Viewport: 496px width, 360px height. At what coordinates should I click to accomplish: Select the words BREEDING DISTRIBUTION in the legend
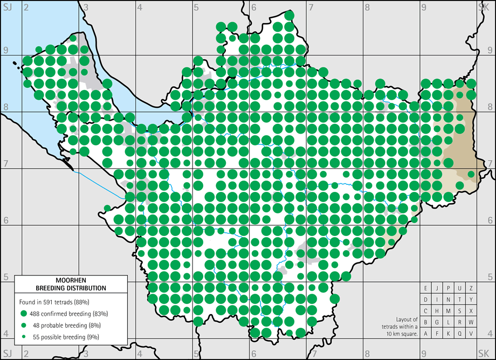click(x=71, y=288)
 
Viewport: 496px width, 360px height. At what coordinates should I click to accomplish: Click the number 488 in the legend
click(x=38, y=313)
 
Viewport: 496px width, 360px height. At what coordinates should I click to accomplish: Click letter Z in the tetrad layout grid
click(x=471, y=288)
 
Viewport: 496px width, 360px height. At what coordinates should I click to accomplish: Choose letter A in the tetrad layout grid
click(x=426, y=334)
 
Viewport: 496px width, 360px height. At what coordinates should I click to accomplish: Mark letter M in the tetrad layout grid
click(x=449, y=311)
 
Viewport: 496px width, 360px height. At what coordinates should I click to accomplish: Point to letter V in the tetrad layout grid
click(x=471, y=334)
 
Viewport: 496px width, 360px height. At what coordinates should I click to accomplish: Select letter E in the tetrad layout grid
click(x=426, y=288)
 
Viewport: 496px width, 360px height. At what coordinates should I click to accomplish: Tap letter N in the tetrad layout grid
click(x=449, y=300)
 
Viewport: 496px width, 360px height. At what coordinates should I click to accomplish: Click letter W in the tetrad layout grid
click(x=471, y=322)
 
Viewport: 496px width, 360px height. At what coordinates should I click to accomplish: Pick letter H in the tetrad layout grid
click(x=437, y=311)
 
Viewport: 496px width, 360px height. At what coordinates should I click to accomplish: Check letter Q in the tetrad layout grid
click(x=460, y=334)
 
